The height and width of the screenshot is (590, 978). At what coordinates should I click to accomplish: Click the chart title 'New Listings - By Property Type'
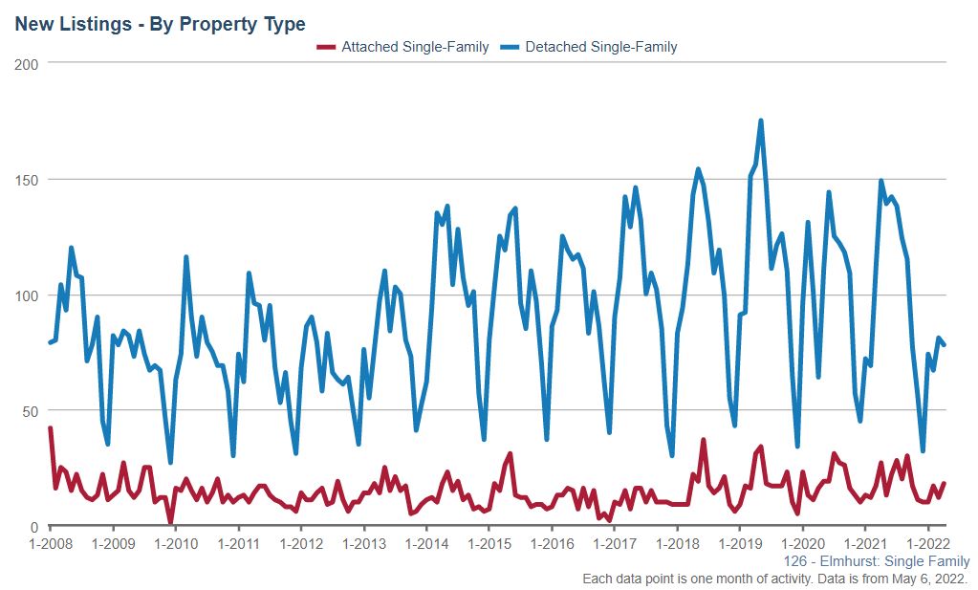[x=160, y=24]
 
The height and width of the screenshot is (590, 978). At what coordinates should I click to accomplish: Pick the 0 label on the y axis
[x=33, y=527]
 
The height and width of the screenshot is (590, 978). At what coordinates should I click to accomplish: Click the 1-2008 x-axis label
[x=51, y=543]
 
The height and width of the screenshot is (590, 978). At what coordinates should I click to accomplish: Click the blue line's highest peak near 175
[x=760, y=120]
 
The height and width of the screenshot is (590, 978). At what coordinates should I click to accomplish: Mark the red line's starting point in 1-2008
[x=51, y=428]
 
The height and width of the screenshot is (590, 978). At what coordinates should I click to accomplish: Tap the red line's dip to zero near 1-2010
[x=170, y=523]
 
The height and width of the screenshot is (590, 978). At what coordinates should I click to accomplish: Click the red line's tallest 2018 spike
[x=703, y=441]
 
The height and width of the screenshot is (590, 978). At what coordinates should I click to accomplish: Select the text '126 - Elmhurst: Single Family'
[x=876, y=561]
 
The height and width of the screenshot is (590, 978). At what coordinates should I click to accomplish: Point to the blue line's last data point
[x=944, y=344]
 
